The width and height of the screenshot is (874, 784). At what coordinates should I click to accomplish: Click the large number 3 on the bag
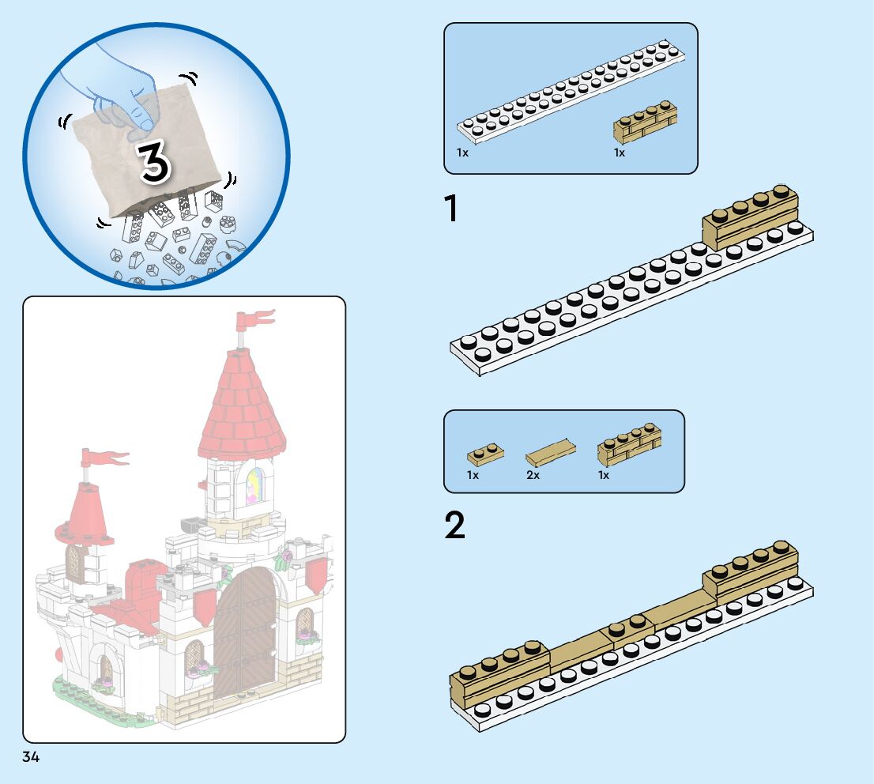156,162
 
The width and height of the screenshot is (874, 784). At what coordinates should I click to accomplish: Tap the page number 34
31,757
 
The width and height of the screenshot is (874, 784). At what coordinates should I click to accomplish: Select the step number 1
451,209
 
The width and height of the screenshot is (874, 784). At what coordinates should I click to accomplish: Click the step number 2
454,526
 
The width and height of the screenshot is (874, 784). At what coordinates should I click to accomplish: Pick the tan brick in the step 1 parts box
645,122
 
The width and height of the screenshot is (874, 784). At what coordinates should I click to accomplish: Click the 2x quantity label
533,476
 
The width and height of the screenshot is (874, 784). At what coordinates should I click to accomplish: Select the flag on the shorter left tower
103,458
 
